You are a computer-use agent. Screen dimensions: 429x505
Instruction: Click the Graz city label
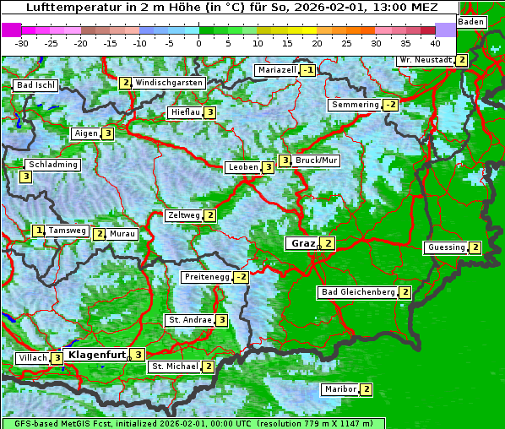(x=302, y=243)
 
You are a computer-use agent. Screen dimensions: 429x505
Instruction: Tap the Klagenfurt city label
(x=95, y=355)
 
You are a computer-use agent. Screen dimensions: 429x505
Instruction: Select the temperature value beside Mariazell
(x=307, y=70)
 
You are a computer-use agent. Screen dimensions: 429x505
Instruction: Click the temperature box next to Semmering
(x=390, y=105)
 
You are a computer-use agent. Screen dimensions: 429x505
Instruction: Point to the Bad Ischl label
(x=35, y=85)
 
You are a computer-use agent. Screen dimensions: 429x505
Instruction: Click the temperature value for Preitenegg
(x=242, y=277)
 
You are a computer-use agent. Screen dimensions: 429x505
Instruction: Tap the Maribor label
(x=339, y=389)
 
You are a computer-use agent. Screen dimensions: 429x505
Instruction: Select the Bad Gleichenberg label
(x=357, y=292)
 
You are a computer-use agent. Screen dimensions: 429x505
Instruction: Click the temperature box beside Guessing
(x=475, y=247)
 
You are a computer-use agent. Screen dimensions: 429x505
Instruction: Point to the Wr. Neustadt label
(x=426, y=60)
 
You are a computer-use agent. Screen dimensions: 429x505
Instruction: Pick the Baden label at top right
(x=471, y=21)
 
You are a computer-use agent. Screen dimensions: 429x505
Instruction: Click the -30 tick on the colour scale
(x=22, y=42)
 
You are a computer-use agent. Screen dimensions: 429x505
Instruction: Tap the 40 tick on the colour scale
(x=435, y=42)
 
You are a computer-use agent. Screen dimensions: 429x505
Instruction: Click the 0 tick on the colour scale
(x=198, y=42)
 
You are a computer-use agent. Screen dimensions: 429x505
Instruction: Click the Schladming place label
(x=52, y=165)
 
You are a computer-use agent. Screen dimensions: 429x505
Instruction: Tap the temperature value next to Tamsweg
(x=39, y=231)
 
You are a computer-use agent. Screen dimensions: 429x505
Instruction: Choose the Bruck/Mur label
(x=318, y=160)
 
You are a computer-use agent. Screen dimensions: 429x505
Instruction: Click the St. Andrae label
(x=189, y=320)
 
